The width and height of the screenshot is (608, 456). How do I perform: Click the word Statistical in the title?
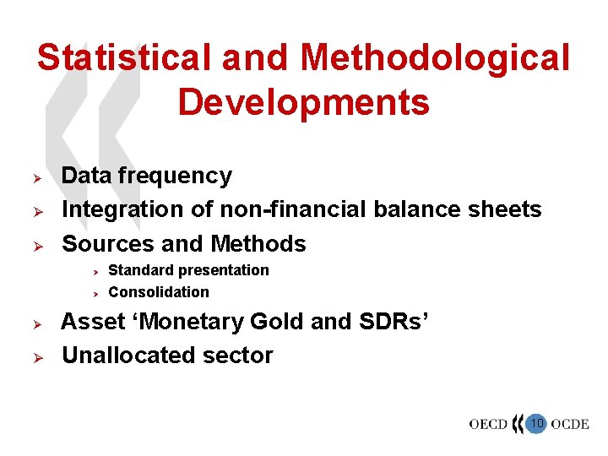tap(122, 59)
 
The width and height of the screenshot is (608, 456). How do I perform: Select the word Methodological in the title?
tap(436, 59)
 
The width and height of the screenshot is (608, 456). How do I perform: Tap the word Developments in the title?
tap(303, 103)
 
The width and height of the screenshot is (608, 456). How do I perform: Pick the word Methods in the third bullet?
tap(258, 244)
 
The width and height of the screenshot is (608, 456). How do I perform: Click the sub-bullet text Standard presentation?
tap(188, 270)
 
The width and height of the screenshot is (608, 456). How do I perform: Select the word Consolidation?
tap(159, 292)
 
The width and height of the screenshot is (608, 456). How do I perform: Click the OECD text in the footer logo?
tap(488, 424)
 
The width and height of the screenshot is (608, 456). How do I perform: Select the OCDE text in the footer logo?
tap(570, 424)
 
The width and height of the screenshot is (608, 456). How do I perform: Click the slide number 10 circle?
tap(536, 422)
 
